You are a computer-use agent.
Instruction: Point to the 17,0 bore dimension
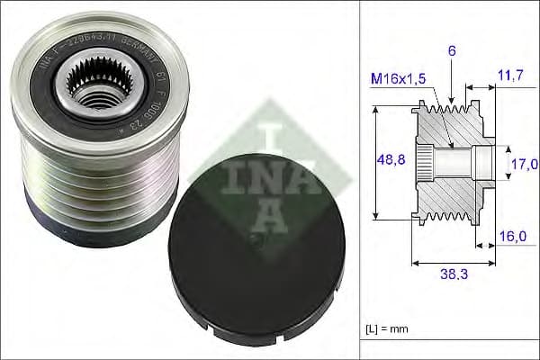[x=524, y=164]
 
